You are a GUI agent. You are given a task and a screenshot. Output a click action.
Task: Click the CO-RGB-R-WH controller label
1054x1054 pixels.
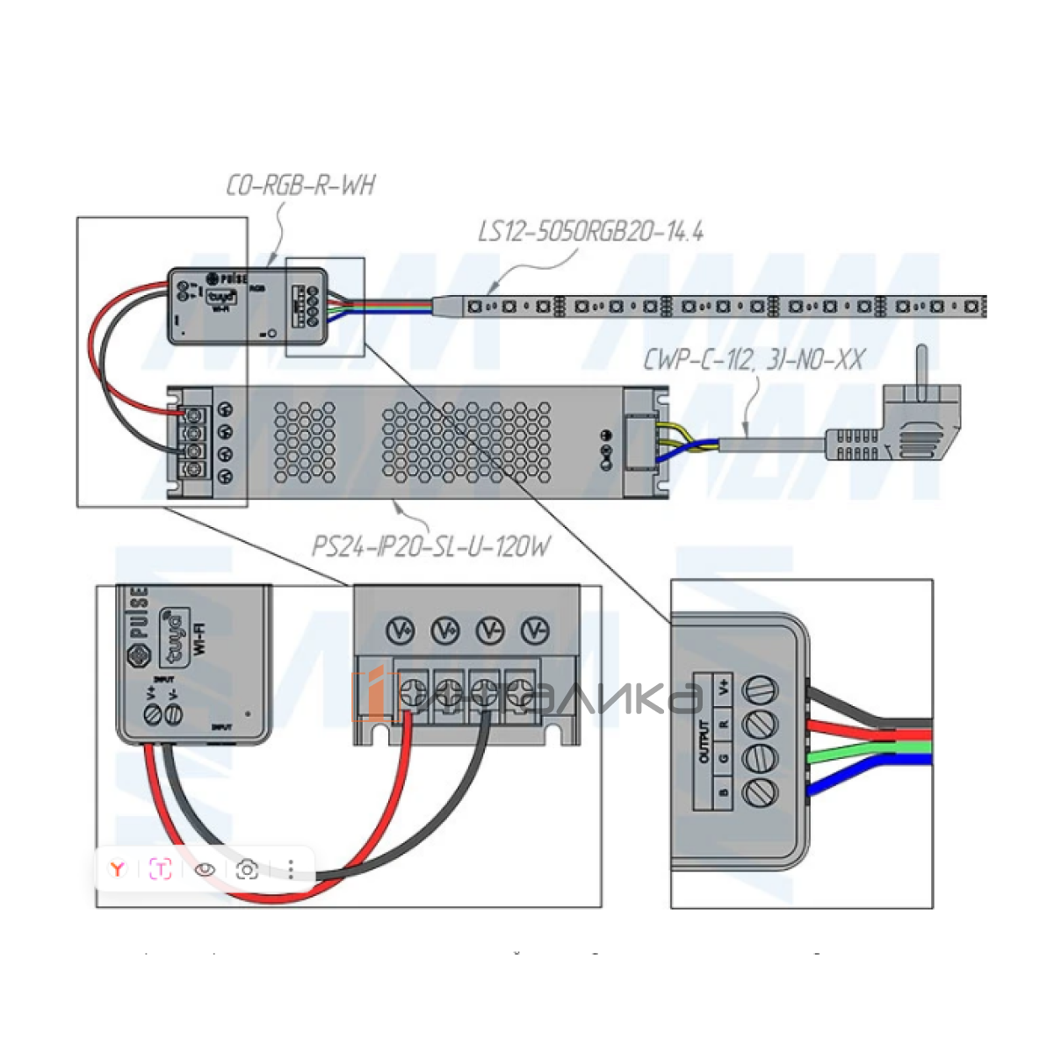coord(300,186)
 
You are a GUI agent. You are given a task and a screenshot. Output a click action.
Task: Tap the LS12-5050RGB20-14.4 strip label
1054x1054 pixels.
coord(590,232)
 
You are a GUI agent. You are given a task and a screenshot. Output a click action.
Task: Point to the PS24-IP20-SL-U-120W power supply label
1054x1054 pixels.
coord(431,547)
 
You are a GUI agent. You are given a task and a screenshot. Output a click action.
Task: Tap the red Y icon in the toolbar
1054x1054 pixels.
coord(117,870)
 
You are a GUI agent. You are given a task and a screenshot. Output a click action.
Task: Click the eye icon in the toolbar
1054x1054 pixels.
coord(205,870)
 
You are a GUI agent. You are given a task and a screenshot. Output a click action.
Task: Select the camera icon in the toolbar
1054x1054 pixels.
coord(248,870)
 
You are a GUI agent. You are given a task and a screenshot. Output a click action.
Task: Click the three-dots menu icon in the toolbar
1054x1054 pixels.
coord(291,870)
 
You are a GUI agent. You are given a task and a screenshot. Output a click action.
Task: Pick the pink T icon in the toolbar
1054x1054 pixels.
coord(161,870)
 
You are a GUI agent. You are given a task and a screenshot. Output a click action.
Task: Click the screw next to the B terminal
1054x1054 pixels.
coord(759,792)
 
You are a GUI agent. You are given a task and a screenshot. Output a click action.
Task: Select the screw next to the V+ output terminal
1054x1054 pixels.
coord(761,689)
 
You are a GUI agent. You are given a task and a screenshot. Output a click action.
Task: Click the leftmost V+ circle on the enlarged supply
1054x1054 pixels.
coord(401,631)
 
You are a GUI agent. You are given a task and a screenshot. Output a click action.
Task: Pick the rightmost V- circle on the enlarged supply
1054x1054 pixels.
coord(534,631)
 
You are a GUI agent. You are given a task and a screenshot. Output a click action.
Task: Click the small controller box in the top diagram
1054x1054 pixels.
coord(248,306)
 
